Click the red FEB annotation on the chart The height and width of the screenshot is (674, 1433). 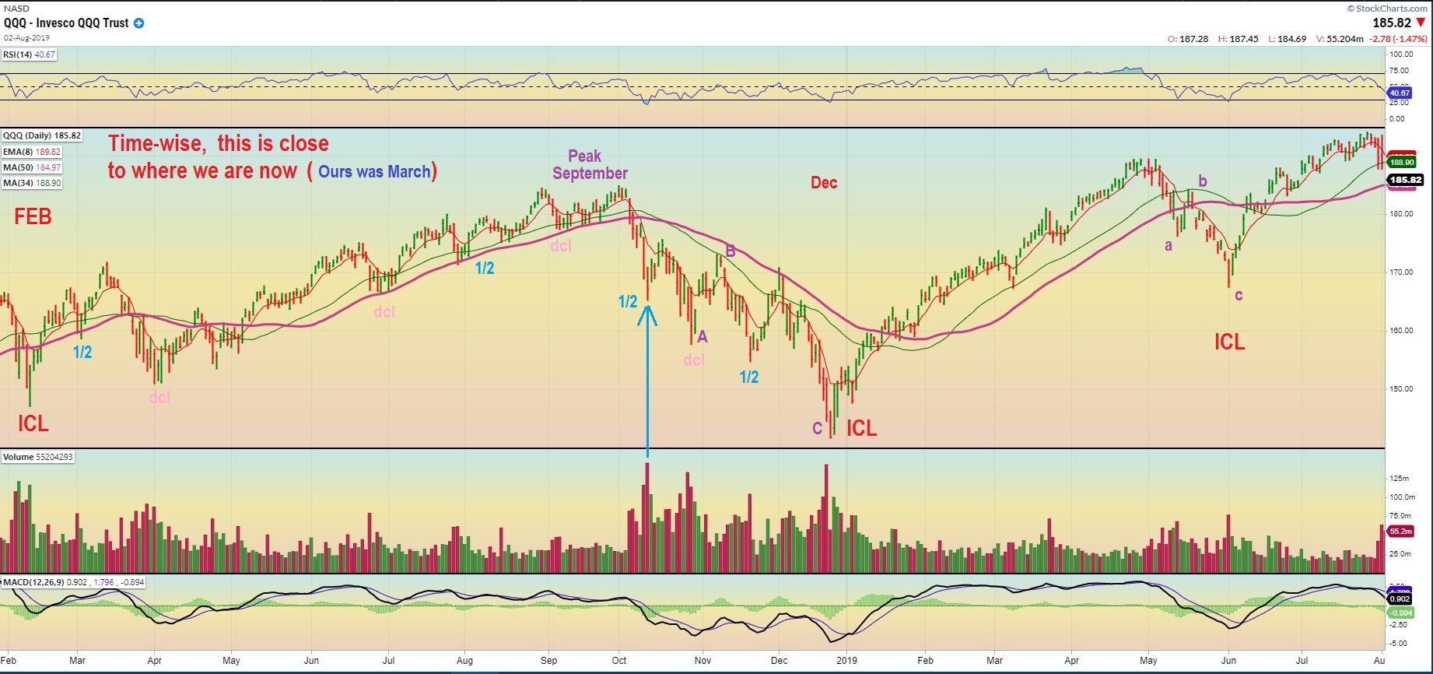click(33, 216)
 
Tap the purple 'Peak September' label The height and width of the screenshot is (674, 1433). click(589, 165)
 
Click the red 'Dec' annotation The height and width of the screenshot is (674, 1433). click(824, 183)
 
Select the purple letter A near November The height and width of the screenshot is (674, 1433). click(702, 337)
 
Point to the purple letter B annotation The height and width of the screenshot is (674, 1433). click(731, 251)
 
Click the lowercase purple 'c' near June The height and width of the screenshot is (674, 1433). click(1239, 295)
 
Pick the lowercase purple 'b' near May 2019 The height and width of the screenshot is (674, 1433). click(1203, 182)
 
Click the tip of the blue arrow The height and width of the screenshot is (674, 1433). click(647, 305)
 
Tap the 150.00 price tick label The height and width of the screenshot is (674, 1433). click(1402, 389)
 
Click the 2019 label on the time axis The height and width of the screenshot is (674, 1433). click(846, 661)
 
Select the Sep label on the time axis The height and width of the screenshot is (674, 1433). click(548, 661)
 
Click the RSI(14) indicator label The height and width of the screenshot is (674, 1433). click(29, 55)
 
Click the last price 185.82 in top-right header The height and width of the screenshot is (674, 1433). click(1392, 23)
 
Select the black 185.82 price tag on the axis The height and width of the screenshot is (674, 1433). click(1405, 181)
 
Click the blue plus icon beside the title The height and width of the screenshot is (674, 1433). click(138, 23)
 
